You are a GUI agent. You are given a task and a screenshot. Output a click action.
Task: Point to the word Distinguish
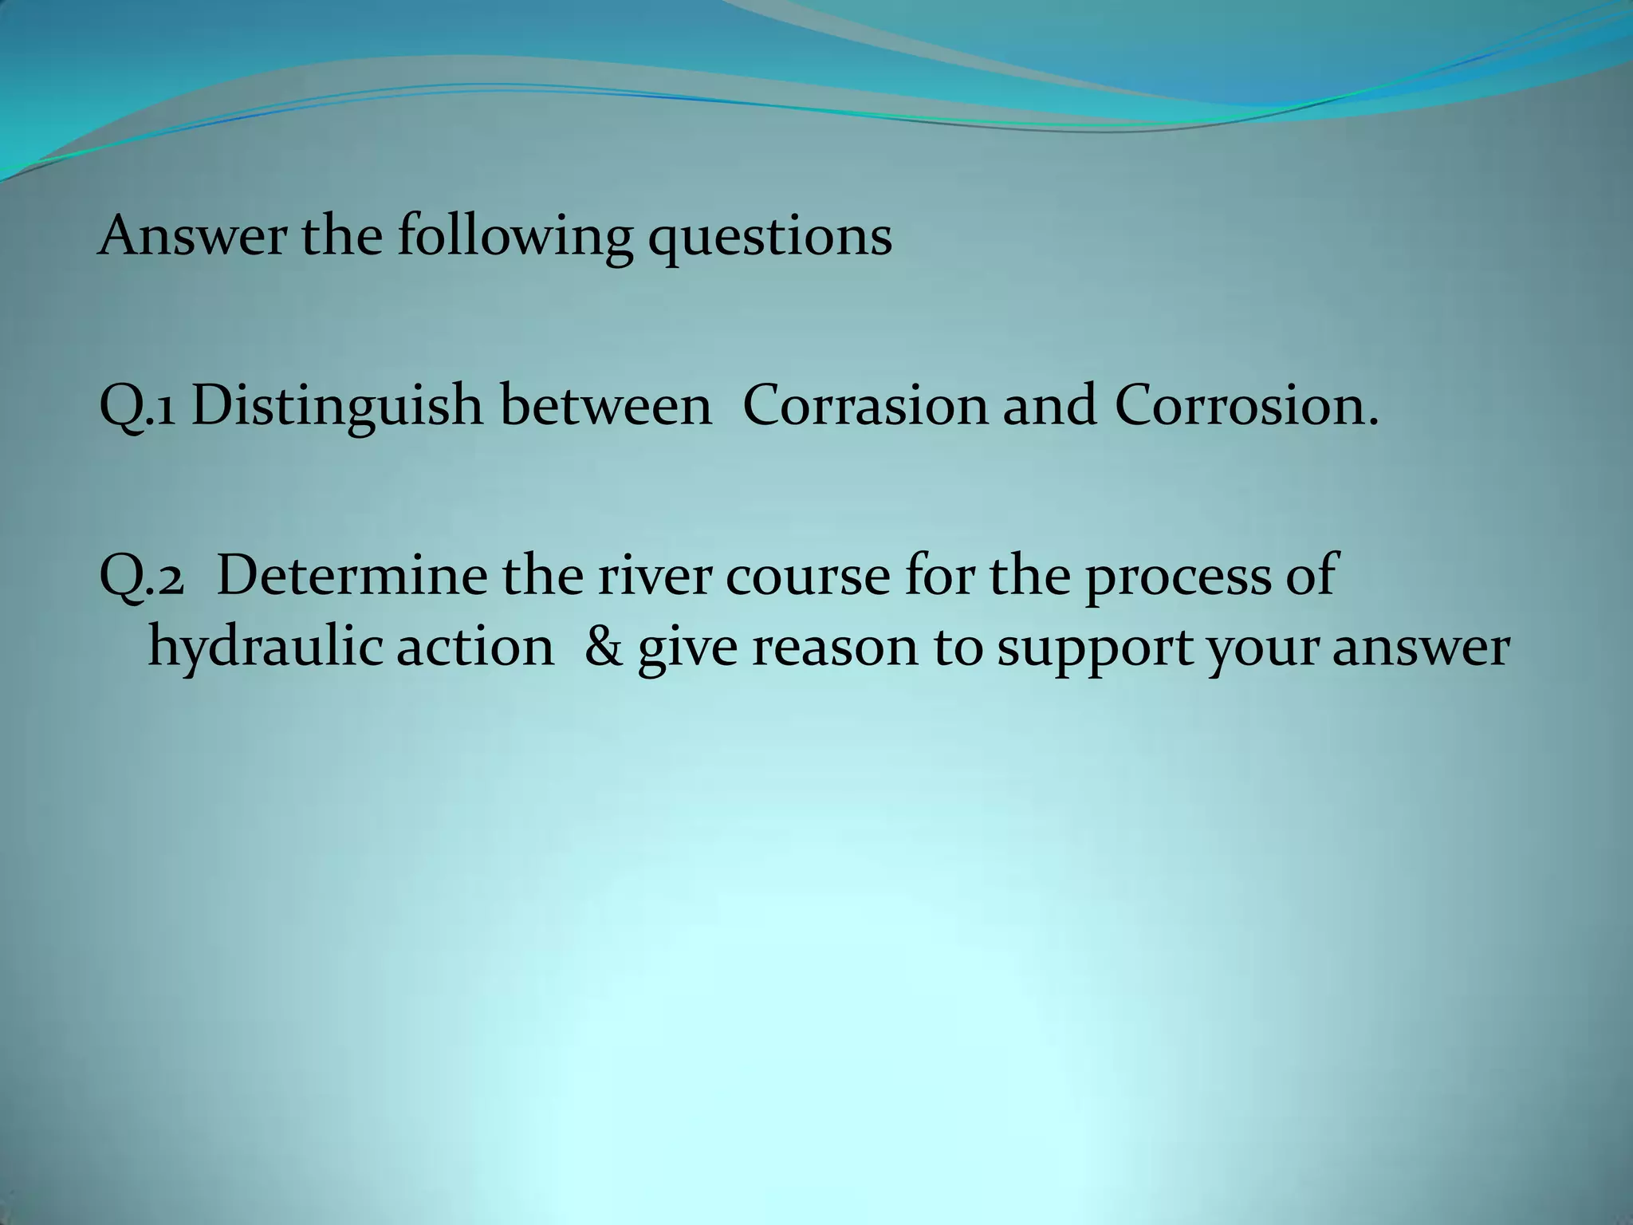337,407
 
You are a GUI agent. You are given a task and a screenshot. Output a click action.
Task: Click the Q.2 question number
141,577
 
